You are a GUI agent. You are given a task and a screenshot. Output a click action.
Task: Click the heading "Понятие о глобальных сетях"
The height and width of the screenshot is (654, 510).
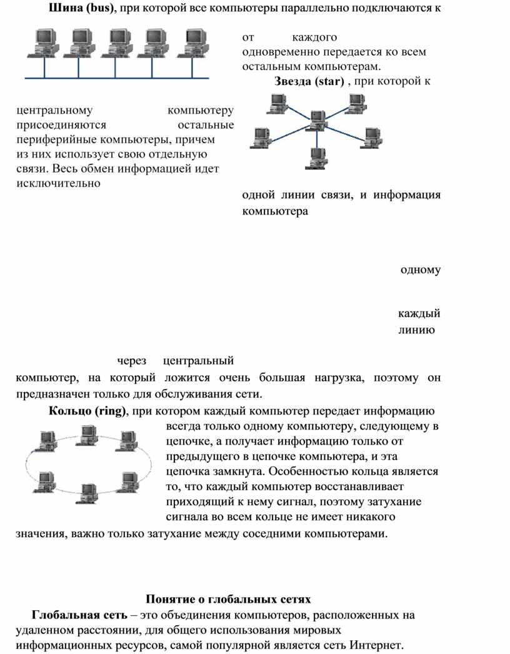[227, 598]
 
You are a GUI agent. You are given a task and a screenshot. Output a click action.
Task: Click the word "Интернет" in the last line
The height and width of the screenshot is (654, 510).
[377, 645]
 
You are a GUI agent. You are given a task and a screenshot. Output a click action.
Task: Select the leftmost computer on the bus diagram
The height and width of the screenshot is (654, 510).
[44, 44]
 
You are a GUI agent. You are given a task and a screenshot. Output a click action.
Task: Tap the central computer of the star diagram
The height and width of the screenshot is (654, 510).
[317, 119]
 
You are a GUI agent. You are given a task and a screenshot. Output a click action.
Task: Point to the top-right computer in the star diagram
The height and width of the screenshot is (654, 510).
[356, 103]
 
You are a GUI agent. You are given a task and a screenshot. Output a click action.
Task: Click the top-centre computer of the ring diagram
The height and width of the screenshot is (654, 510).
[87, 433]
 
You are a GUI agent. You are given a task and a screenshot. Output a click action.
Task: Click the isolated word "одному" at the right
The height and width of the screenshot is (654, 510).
[420, 270]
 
